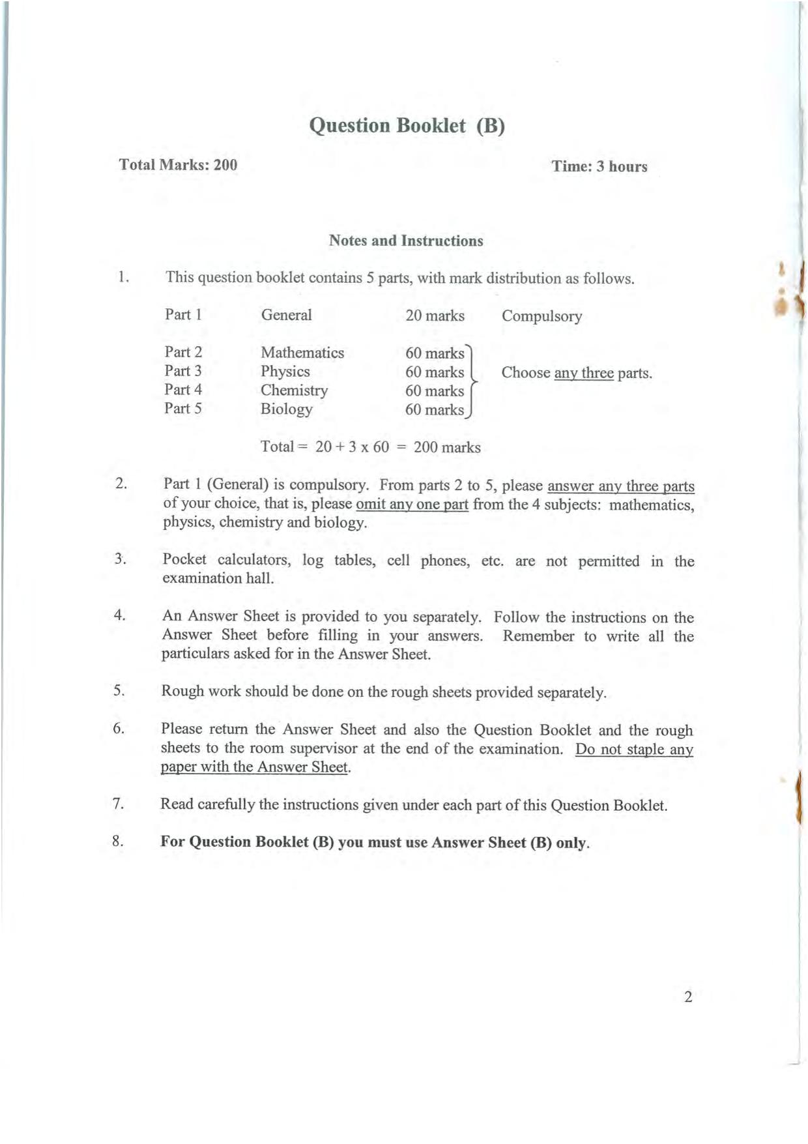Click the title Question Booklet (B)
[x=407, y=125]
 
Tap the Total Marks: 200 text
[x=178, y=164]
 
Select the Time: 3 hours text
[x=599, y=166]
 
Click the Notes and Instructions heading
[x=406, y=241]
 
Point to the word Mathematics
[x=302, y=353]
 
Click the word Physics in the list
[x=285, y=372]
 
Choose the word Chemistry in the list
[x=295, y=390]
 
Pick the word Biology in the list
[x=287, y=409]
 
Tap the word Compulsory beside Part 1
[x=541, y=316]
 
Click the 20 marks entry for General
[x=435, y=316]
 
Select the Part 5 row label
[x=183, y=409]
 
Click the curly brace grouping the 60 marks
[x=473, y=381]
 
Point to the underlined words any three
[x=584, y=374]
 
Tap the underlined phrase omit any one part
[x=412, y=505]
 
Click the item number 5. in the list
[x=119, y=691]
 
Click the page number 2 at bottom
[x=688, y=997]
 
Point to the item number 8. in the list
[x=118, y=842]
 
